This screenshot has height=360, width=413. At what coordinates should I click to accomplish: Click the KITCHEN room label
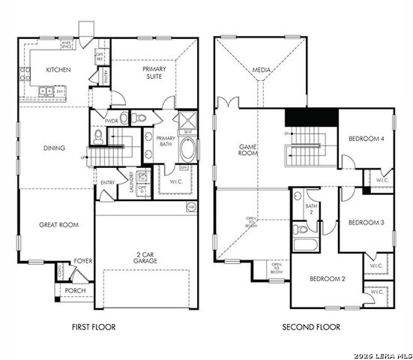tap(58, 69)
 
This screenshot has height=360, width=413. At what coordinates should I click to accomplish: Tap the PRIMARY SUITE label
tap(154, 73)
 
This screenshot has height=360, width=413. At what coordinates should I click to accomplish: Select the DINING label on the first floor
tap(54, 148)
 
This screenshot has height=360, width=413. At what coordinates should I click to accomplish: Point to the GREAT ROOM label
tap(58, 224)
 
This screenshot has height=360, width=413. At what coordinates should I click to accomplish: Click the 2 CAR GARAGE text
tap(146, 256)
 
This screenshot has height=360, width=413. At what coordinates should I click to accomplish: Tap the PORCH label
tap(75, 290)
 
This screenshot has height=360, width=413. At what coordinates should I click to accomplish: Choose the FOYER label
tap(82, 262)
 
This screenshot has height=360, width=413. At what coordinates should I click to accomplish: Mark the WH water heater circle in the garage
tap(190, 206)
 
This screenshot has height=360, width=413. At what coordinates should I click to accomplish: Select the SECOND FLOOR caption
tap(310, 327)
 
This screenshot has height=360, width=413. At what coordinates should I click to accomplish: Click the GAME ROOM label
tap(248, 150)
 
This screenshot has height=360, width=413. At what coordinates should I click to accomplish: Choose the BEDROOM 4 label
tap(367, 138)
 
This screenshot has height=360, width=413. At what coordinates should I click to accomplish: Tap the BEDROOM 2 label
tap(328, 279)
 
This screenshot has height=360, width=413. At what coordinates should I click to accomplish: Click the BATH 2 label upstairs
tap(311, 208)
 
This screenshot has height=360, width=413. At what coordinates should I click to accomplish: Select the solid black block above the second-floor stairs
tap(311, 118)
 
